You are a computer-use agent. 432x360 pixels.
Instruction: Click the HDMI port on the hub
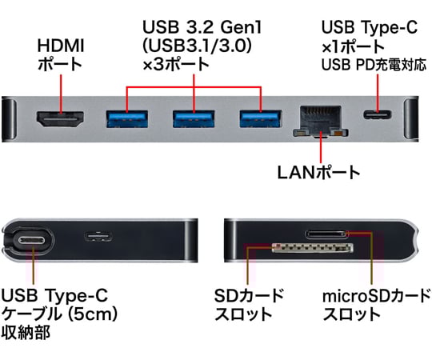60,118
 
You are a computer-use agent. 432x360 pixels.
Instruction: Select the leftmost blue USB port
126,118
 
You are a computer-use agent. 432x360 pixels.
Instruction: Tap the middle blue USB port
194,118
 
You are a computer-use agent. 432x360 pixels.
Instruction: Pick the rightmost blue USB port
261,118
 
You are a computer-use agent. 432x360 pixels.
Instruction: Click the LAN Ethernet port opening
321,121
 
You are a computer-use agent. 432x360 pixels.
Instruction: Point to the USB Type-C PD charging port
378,114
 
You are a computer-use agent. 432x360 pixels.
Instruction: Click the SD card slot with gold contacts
313,248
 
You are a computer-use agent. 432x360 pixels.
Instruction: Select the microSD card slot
326,234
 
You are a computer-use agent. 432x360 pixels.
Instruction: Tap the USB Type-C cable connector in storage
32,241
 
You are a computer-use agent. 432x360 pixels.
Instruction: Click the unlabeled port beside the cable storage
98,237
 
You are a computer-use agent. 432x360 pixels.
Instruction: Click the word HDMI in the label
61,46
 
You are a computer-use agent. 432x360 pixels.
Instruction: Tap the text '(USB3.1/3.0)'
198,46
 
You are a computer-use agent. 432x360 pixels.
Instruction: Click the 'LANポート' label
318,173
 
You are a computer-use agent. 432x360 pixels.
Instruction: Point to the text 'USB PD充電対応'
374,65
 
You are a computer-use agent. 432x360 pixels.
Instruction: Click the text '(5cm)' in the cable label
93,314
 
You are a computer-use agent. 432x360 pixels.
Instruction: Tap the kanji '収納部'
26,332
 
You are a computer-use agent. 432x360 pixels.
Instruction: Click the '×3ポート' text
176,64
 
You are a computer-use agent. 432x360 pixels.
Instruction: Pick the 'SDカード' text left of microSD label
249,295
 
